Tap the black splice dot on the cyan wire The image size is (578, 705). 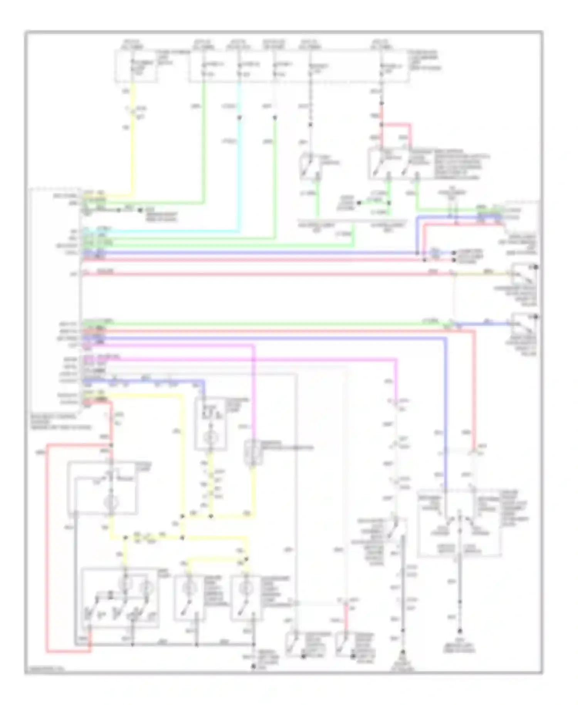(x=239, y=117)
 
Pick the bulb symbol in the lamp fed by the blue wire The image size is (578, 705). (x=210, y=438)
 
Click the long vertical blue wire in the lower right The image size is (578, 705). (x=446, y=405)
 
